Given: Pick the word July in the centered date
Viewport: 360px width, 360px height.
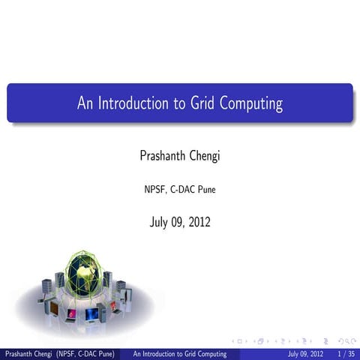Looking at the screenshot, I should [159, 222].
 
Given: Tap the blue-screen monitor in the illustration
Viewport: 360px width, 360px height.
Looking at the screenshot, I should [91, 313].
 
